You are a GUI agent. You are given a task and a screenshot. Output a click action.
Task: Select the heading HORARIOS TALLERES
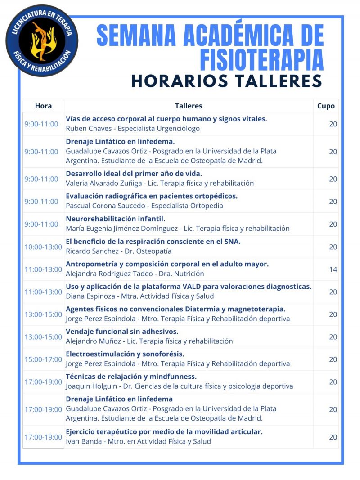pos(226,81)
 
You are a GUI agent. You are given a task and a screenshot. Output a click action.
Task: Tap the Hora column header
pos(43,106)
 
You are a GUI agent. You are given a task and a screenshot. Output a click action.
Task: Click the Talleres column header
pos(189,106)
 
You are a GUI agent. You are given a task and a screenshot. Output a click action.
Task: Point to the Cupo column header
pos(326,106)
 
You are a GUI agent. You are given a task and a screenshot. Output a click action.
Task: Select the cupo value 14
pos(333,269)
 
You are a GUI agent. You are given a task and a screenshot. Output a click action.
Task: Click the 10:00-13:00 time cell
pos(43,247)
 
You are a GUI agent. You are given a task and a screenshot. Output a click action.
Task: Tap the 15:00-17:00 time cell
pos(43,359)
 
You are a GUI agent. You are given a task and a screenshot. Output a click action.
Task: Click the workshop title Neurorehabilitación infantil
pos(116,219)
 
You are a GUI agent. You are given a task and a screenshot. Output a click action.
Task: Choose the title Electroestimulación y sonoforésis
pos(125,354)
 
